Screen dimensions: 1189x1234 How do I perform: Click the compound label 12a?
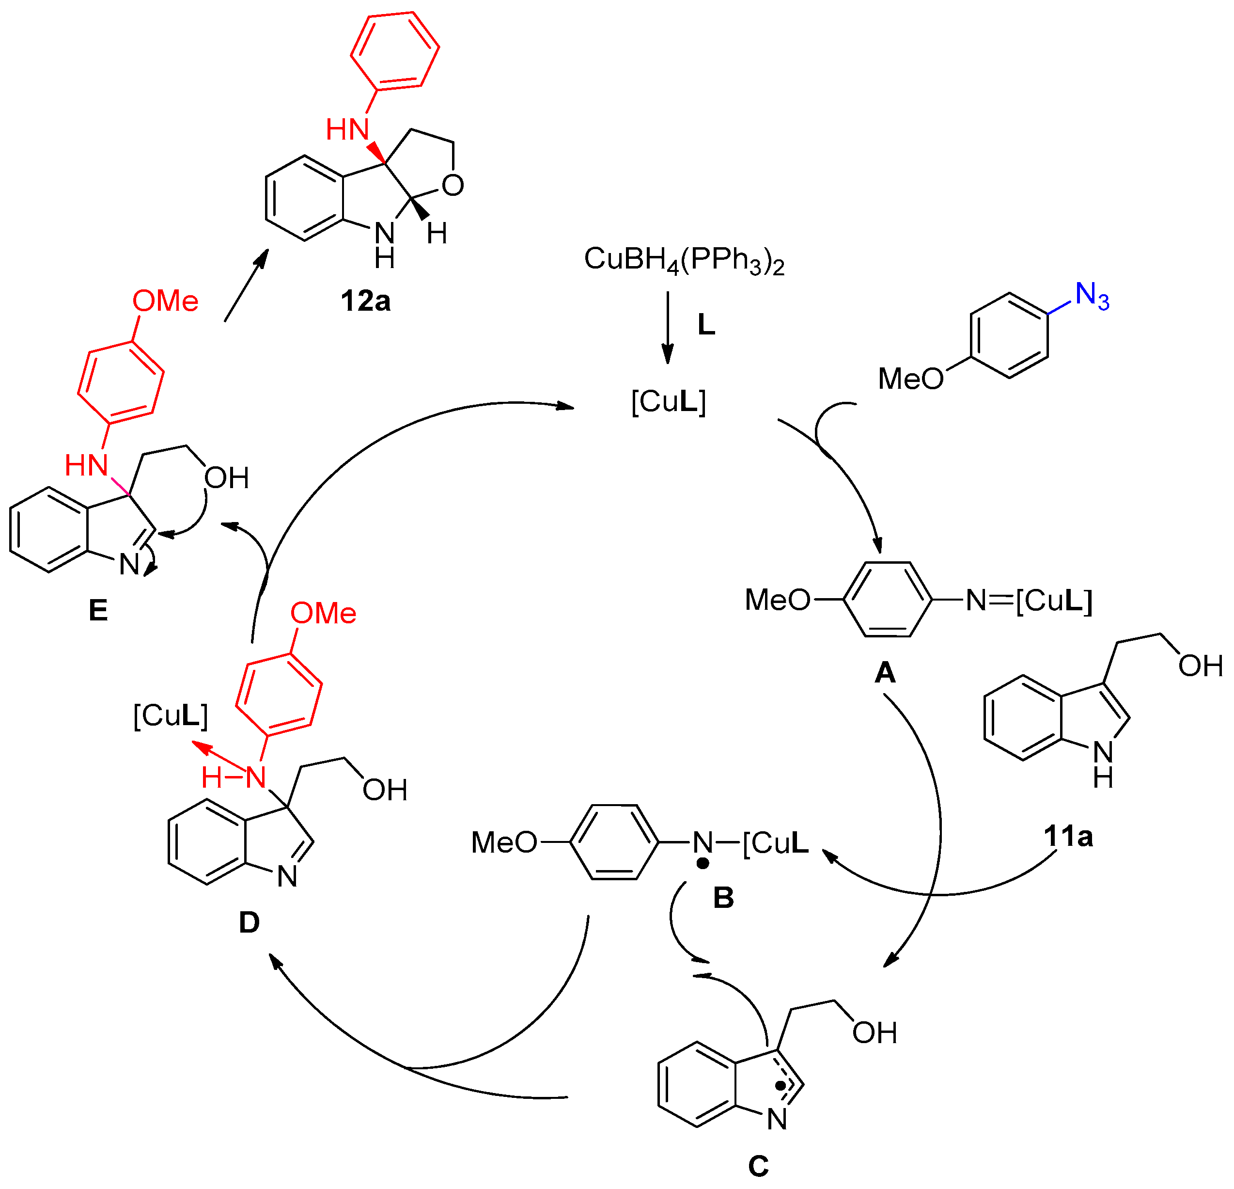365,301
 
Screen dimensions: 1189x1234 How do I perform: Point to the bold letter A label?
885,673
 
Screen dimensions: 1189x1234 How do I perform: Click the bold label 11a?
1068,836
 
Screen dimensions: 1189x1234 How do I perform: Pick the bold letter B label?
723,897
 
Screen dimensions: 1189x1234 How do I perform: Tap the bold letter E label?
98,610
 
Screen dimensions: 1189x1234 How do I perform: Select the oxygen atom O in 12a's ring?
453,185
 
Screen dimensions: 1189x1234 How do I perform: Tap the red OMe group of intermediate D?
324,613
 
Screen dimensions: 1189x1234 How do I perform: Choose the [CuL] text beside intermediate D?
171,715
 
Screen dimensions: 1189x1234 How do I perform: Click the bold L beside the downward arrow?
706,325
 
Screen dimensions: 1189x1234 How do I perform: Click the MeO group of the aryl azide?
910,379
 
